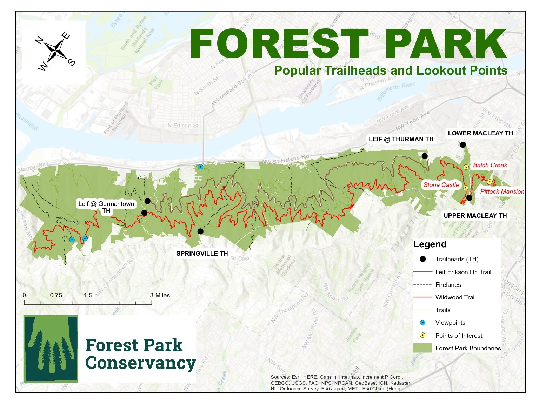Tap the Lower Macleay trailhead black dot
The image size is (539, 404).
point(463,145)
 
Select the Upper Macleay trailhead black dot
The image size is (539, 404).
point(469,198)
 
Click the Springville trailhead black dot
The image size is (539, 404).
point(200,231)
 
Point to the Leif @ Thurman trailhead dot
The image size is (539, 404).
point(425,156)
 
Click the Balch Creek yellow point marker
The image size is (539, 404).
point(466,167)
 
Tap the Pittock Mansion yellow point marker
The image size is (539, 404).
point(490,182)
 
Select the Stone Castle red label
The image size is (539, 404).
point(441,185)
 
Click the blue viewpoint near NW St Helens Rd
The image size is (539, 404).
point(200,167)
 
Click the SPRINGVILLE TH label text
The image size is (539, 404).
point(202,254)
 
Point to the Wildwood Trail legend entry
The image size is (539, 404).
point(455,297)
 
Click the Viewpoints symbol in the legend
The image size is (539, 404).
point(422,323)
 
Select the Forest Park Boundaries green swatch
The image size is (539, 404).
point(422,348)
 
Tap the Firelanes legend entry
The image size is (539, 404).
point(448,285)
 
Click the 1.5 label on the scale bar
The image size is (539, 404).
point(88,295)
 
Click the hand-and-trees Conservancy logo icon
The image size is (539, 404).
point(51,349)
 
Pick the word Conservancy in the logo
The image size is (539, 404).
point(140,363)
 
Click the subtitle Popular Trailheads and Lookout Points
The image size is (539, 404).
point(391,70)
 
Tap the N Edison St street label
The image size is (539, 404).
point(183,126)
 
